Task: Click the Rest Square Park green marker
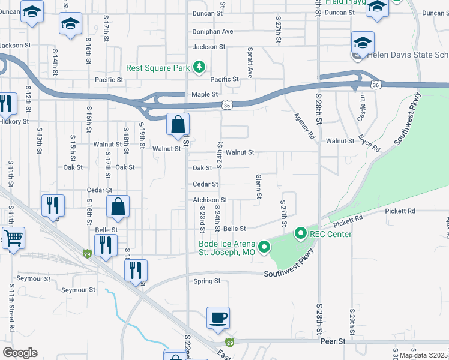tap(200, 67)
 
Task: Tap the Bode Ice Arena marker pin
tap(264, 247)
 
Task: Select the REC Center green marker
tap(300, 233)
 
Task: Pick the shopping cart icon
tap(13, 238)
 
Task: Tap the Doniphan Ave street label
tap(212, 31)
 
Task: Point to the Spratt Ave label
tap(250, 58)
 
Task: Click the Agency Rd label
tap(304, 126)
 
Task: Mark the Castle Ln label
tap(361, 111)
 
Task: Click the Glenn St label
tap(259, 187)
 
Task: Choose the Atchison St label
tap(209, 200)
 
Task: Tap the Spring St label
tap(207, 280)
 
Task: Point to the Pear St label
tap(334, 341)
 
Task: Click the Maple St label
tap(204, 94)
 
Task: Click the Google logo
tap(20, 353)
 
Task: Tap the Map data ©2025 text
tap(424, 355)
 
